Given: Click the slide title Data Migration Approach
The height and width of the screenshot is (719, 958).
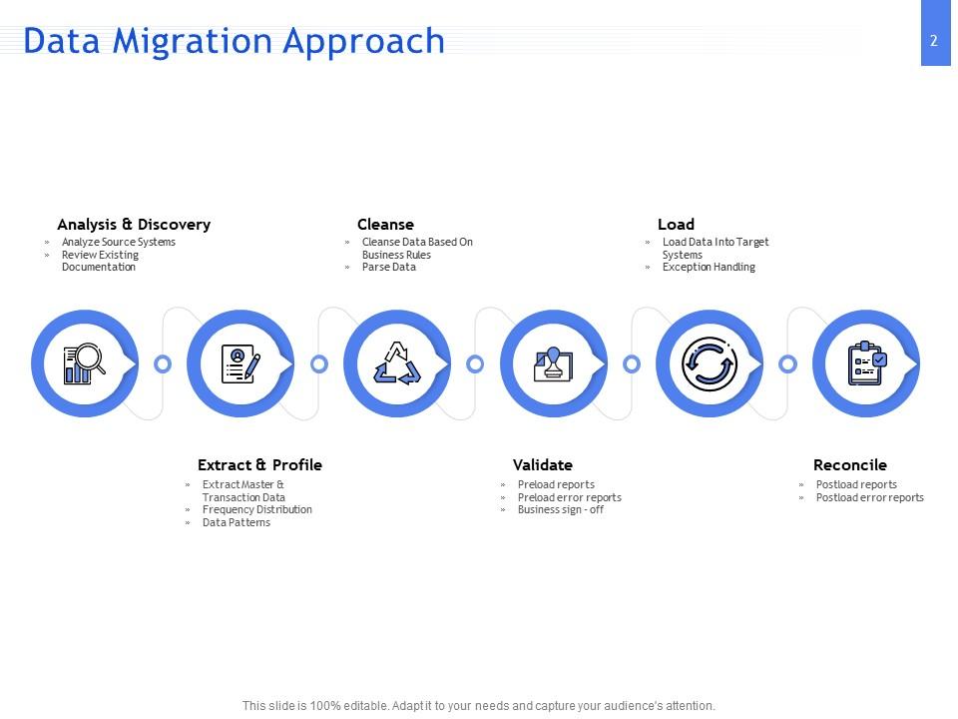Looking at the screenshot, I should tap(234, 41).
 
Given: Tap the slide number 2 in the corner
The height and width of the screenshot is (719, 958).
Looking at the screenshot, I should tap(933, 41).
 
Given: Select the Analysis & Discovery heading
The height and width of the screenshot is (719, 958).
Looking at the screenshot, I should tap(134, 225).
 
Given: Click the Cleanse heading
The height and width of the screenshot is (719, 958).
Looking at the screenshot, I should tap(385, 225).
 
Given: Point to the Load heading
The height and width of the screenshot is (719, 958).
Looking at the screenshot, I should tap(676, 225).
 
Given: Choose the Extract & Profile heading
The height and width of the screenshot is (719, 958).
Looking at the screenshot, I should tap(259, 465).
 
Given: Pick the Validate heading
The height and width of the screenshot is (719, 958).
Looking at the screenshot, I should tap(542, 465).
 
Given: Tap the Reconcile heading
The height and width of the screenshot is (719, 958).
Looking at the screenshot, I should tap(849, 465).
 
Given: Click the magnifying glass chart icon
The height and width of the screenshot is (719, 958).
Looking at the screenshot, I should tap(85, 363).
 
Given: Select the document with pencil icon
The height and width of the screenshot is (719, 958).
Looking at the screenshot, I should tap(240, 363).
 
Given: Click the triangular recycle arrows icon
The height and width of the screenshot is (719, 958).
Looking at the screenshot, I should tap(397, 363).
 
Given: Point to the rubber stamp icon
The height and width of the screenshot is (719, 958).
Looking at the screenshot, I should tap(553, 363).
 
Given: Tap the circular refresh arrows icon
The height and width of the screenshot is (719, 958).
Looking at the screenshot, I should tap(710, 363).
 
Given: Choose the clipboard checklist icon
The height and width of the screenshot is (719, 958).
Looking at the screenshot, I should tap(865, 363).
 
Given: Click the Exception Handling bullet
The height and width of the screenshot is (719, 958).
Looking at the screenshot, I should tap(709, 268).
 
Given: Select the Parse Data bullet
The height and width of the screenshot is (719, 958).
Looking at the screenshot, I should tap(389, 268).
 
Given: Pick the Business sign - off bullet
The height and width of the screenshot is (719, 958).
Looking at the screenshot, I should tap(560, 510).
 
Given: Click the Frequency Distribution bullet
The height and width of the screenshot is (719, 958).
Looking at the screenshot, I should tap(256, 510).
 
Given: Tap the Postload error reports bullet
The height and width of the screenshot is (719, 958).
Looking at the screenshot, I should tap(869, 497).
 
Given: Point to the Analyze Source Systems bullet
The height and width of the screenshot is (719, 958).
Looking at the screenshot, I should tap(118, 243).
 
